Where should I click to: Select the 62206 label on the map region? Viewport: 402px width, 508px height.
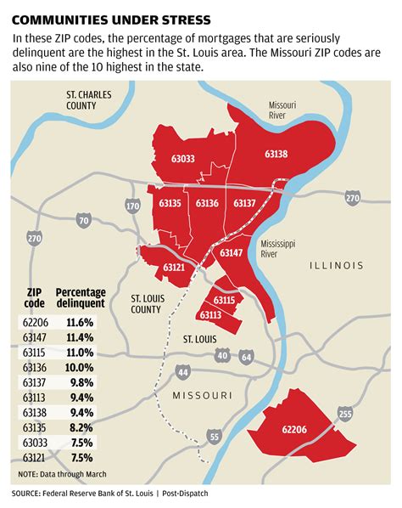pos(293,430)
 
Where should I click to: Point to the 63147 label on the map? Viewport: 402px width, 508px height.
pos(232,252)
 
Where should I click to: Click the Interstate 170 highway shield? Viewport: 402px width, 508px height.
pos(132,206)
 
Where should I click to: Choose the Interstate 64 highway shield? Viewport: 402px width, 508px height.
pos(246,356)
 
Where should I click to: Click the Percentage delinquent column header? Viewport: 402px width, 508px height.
pos(81,296)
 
